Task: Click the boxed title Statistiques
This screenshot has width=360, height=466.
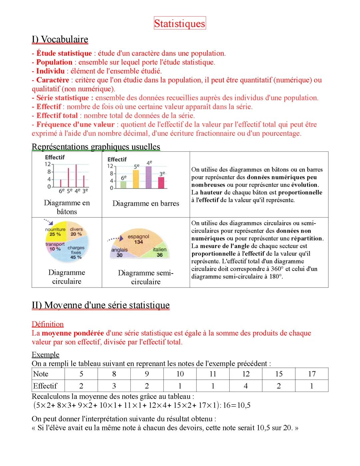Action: pyautogui.click(x=180, y=23)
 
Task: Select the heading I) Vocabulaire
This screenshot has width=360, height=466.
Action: pyautogui.click(x=60, y=39)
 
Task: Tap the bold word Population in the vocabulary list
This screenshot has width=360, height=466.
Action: pyautogui.click(x=54, y=62)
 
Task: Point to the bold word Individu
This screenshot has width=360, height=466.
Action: pyautogui.click(x=50, y=71)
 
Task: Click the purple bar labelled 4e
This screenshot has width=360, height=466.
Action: pyautogui.click(x=149, y=177)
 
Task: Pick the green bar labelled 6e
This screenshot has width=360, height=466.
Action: pyautogui.click(x=123, y=184)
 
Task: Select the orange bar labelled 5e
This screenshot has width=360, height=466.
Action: pyautogui.click(x=136, y=179)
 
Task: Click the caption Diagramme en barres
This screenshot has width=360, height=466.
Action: pyautogui.click(x=146, y=203)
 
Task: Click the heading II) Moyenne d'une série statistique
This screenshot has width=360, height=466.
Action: pyautogui.click(x=101, y=305)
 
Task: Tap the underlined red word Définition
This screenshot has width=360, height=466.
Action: pyautogui.click(x=48, y=324)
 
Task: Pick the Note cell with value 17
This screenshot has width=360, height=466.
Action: pyautogui.click(x=312, y=374)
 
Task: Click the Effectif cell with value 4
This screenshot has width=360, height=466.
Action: pyautogui.click(x=246, y=386)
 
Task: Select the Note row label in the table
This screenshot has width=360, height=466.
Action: pyautogui.click(x=41, y=374)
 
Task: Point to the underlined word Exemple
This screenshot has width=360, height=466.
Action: pyautogui.click(x=45, y=355)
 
